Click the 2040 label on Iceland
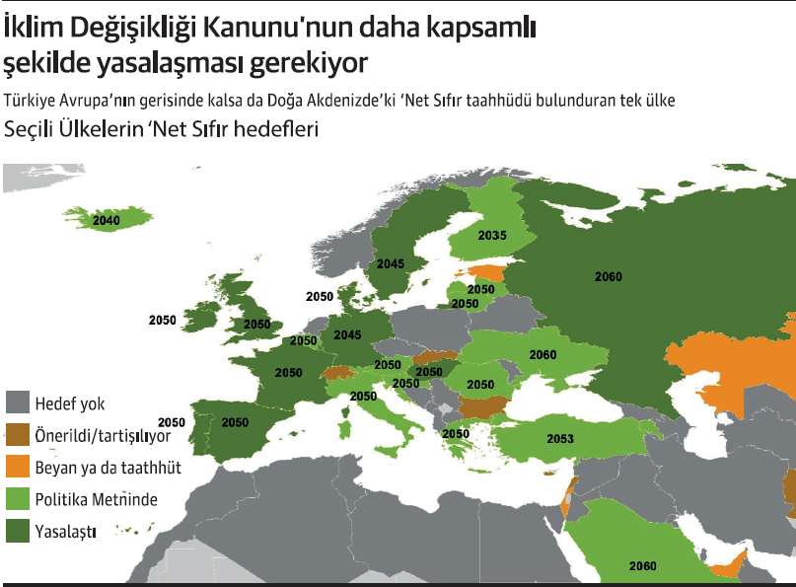106,221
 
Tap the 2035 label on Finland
492,236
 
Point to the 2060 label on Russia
609,277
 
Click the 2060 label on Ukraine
543,354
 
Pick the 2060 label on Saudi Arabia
642,566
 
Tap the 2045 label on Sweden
390,264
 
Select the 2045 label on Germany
347,335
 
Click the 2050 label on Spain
235,422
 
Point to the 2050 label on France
289,373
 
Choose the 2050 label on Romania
480,384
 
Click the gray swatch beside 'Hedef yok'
18,404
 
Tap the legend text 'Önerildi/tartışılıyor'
103,435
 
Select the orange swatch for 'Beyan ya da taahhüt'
18,468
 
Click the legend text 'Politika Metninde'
96,499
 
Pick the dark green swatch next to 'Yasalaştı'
18,532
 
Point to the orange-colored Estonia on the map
483,272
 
